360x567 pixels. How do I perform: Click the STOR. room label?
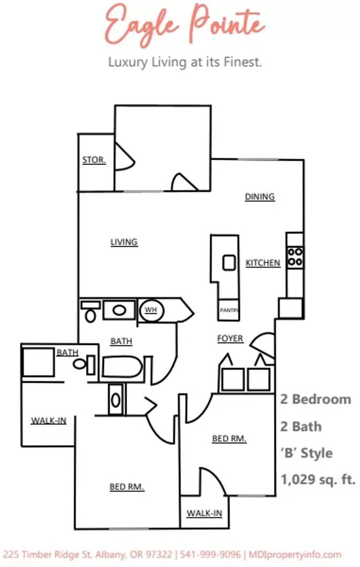pos(94,160)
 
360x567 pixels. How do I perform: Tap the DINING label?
pos(260,197)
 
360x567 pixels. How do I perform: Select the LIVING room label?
pos(124,242)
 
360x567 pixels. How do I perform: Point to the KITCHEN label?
pos(263,262)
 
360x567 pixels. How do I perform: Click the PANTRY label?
pos(229,310)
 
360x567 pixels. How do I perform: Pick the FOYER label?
pos(230,339)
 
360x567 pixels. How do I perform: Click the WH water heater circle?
pos(151,310)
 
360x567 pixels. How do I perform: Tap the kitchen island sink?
pos(229,262)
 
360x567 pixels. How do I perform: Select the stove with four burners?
pos(295,256)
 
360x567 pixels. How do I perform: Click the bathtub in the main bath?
pos(122,367)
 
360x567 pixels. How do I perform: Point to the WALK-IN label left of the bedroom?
pos(48,421)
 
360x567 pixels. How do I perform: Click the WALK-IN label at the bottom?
pos(205,513)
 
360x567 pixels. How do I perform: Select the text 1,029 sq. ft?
pos(319,479)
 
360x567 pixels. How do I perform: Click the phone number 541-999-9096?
pos(210,554)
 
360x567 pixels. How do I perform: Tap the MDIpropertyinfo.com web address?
pos(295,554)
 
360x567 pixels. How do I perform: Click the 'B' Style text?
pos(307,453)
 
